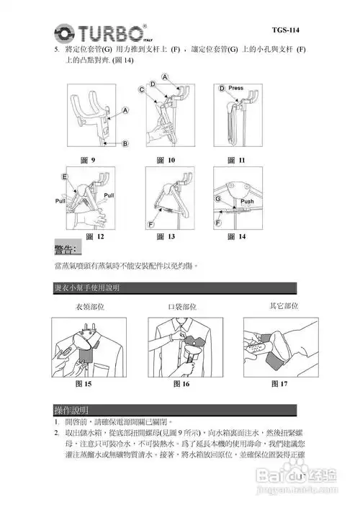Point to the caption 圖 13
coord(166,236)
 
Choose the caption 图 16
coord(181,383)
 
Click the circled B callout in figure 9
coord(125,143)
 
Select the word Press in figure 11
coord(235,89)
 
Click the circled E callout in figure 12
coord(65,176)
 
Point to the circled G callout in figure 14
coord(217,197)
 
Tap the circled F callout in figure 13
coord(152,224)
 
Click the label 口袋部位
coord(181,306)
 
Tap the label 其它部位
coord(283,305)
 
